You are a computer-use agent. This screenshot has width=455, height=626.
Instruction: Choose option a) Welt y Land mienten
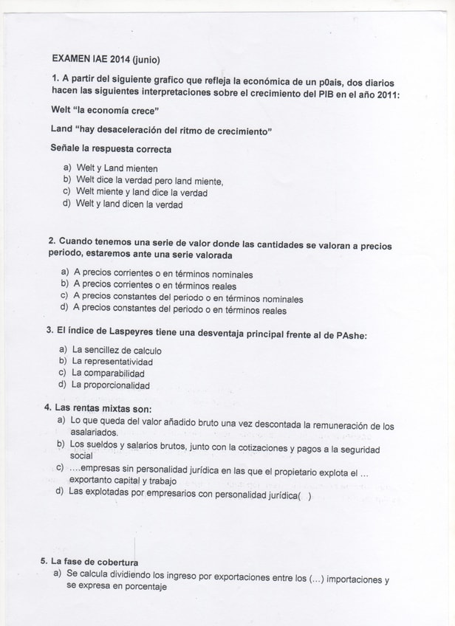tap(117, 168)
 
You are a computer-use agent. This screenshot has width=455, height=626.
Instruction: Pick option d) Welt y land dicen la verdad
tap(129, 204)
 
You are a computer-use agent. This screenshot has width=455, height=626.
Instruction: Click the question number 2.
tap(52, 241)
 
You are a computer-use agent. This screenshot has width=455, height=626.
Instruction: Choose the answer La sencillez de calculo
tap(116, 351)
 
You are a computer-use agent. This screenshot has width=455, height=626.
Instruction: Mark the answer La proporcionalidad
tap(110, 385)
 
